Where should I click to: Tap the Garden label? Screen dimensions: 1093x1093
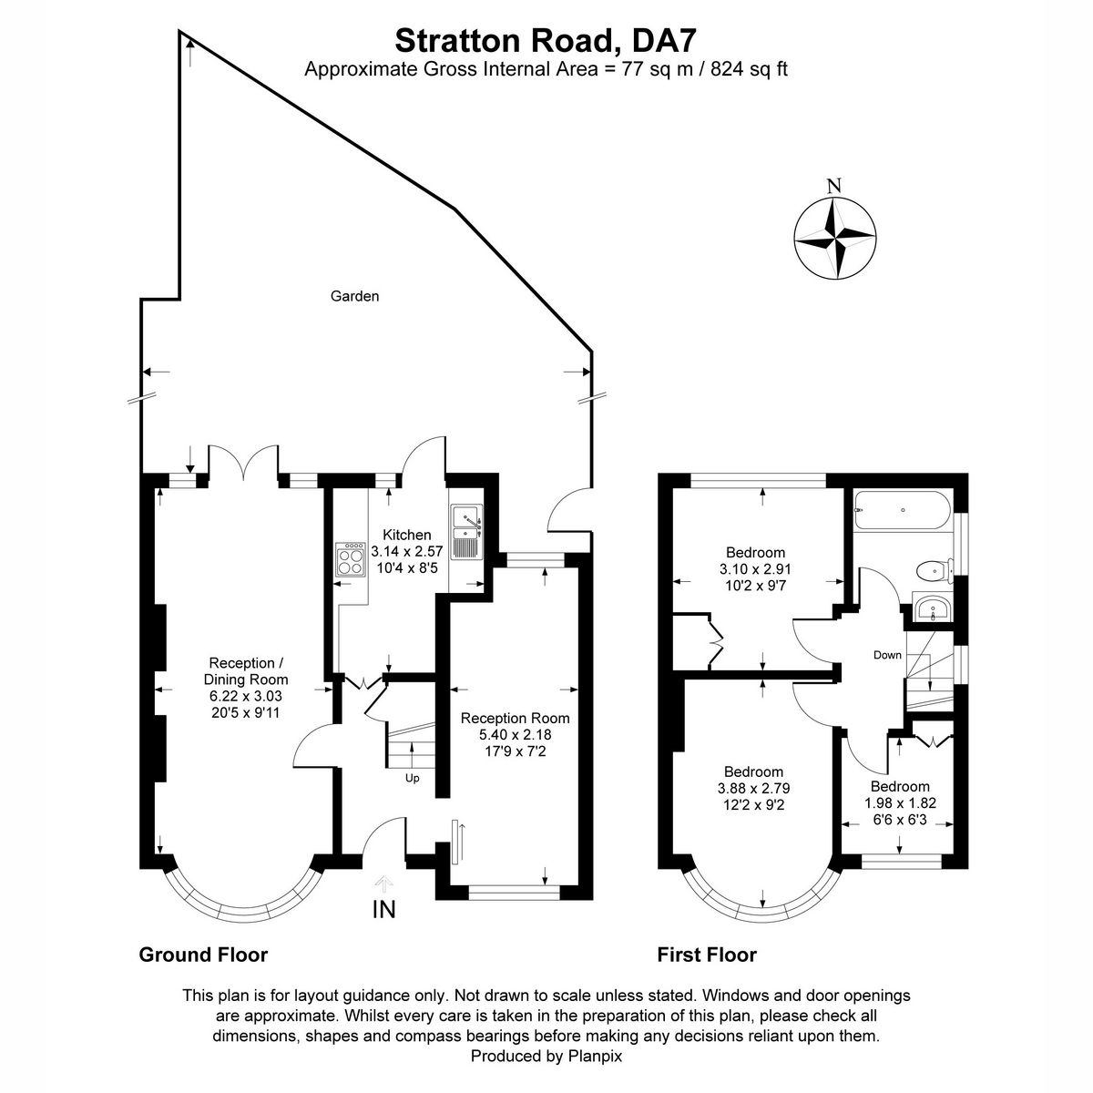[x=354, y=296]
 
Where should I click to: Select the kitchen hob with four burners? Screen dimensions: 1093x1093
[x=350, y=559]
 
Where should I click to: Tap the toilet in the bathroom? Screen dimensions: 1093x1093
[x=931, y=571]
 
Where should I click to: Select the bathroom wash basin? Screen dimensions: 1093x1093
[x=931, y=608]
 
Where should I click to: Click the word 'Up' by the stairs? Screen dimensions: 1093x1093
[x=412, y=778]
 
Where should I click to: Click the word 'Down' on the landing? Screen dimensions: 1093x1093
[x=887, y=655]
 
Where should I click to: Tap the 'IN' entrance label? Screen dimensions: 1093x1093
[x=383, y=908]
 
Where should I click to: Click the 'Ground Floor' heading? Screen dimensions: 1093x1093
[x=203, y=955]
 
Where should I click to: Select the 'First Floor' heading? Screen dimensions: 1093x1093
[x=707, y=955]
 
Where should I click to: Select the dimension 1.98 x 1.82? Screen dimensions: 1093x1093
[x=899, y=803]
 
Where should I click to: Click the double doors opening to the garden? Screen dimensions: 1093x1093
[x=243, y=463]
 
